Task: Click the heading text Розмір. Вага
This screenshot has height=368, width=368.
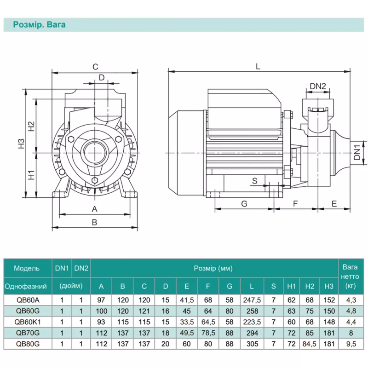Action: coord(39,25)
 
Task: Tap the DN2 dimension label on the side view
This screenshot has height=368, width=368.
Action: coord(317,86)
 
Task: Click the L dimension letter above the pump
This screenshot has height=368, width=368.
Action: coord(258,66)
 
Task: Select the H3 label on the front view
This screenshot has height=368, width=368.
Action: coord(21,144)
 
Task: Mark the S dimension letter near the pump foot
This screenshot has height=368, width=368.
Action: coord(254,181)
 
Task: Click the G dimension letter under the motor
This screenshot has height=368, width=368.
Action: coord(244,203)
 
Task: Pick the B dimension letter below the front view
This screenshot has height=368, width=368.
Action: coord(94,222)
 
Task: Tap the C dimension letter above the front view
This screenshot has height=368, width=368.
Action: coord(95,67)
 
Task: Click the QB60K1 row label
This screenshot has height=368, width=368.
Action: coord(27,322)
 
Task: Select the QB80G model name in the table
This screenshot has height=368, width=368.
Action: coord(27,344)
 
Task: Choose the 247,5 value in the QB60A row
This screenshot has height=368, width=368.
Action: coord(252,299)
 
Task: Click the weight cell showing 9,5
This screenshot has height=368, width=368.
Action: coord(351,344)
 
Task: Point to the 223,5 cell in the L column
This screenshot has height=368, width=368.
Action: coord(252,322)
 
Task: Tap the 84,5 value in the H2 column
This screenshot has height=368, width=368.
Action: coord(310,344)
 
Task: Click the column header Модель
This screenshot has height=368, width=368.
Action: coord(27,268)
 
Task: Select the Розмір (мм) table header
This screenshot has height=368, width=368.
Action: coord(213,268)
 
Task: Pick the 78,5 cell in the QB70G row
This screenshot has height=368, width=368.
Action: coord(208,333)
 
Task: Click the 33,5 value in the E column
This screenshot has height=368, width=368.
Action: coord(187,322)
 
